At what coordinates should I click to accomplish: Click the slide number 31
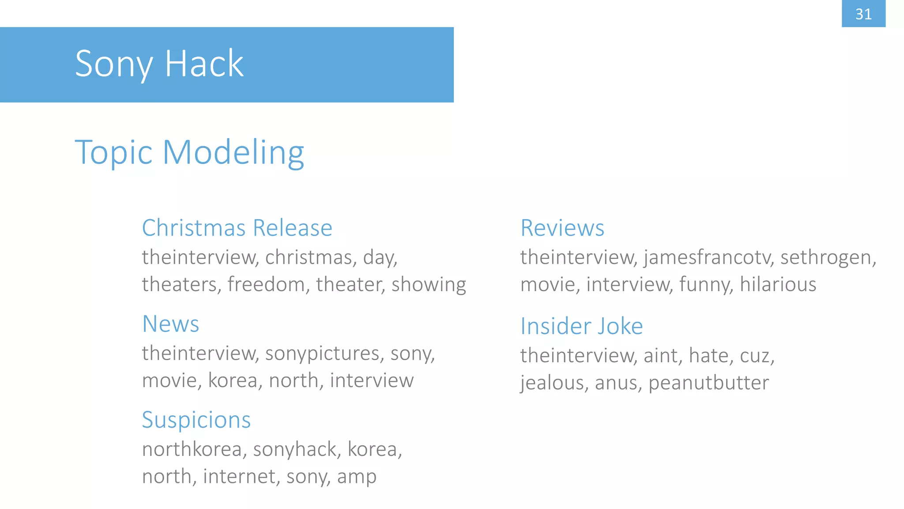tap(863, 14)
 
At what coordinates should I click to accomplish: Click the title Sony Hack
tap(159, 64)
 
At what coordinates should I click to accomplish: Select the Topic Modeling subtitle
tap(189, 152)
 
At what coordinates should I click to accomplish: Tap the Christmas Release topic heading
tap(237, 228)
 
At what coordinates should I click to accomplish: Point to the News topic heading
tap(170, 324)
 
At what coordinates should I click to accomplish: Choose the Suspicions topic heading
tap(196, 420)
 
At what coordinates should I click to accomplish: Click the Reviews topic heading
tap(562, 228)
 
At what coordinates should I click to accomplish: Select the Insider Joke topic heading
tap(581, 326)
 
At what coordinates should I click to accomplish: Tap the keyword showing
tap(429, 285)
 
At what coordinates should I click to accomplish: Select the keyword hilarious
tap(778, 285)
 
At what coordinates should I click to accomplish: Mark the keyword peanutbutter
tap(708, 383)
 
